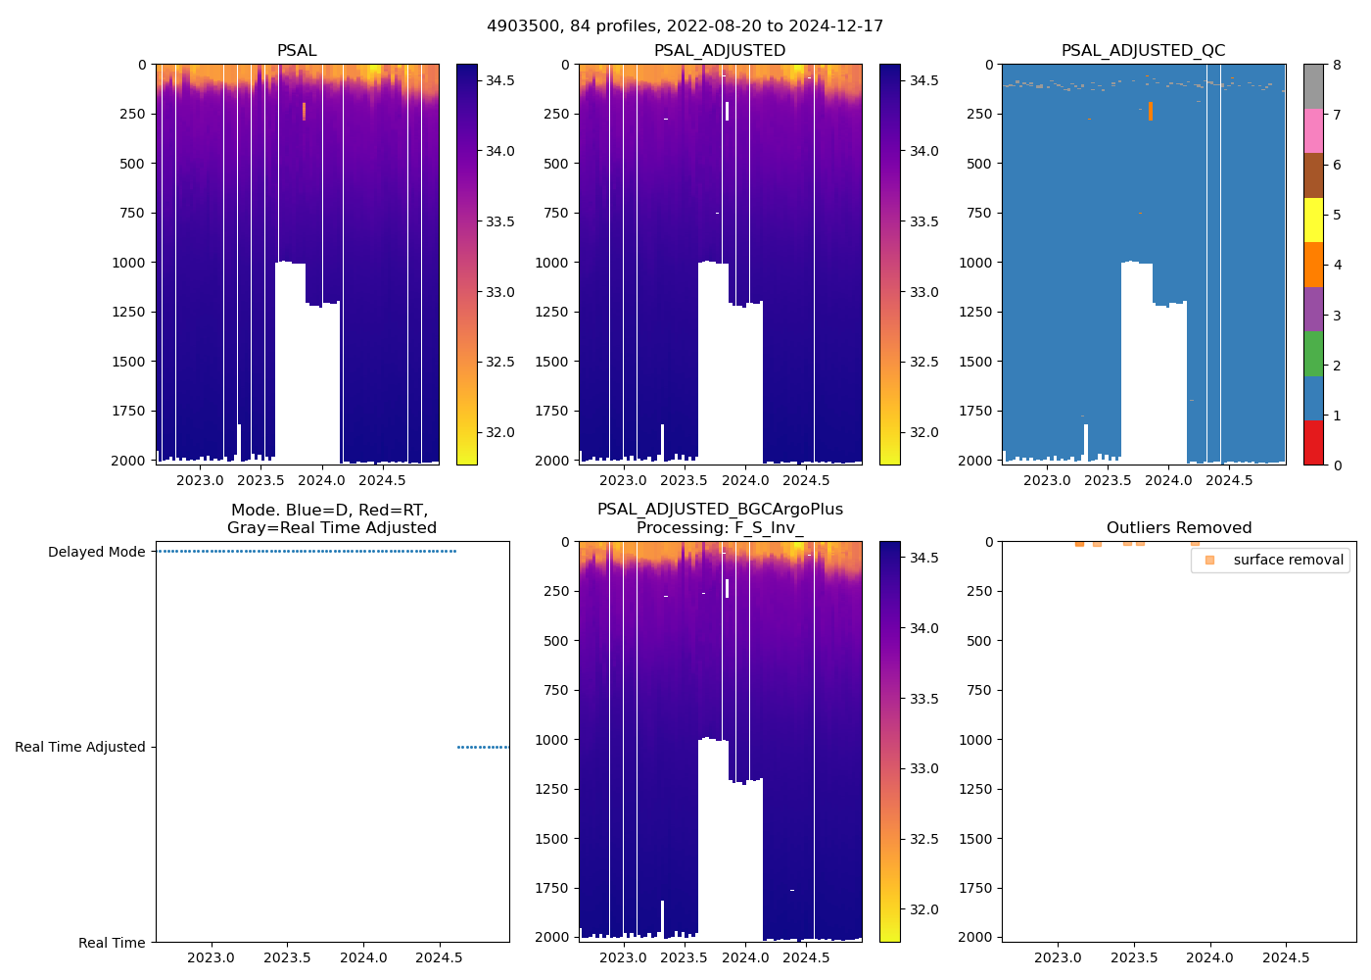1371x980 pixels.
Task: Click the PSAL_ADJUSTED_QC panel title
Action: [x=1143, y=51]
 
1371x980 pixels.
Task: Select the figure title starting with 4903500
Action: [x=685, y=26]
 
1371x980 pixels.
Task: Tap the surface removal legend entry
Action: [x=1288, y=560]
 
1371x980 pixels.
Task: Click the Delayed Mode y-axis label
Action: [x=96, y=552]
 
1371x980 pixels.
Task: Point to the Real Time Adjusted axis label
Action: [x=79, y=747]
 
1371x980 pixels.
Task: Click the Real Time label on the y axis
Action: [x=112, y=943]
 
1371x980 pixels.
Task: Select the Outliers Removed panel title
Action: [x=1178, y=528]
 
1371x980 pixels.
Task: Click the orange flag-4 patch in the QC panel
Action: [x=1151, y=111]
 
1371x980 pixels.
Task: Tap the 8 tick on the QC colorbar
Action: [x=1337, y=65]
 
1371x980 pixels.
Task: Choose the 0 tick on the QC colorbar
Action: [x=1337, y=465]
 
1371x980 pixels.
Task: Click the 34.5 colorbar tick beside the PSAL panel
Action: [x=500, y=80]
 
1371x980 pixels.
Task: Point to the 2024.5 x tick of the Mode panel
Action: [x=440, y=957]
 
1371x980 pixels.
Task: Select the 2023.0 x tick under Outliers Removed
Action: [x=1058, y=957]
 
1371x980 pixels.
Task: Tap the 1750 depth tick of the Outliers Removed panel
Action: [x=975, y=888]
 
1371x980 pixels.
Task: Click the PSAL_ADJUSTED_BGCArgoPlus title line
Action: [x=720, y=510]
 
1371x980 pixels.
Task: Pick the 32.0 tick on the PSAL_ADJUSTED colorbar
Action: [x=923, y=432]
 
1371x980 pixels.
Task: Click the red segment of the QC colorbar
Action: [x=1313, y=443]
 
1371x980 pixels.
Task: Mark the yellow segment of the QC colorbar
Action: [x=1313, y=220]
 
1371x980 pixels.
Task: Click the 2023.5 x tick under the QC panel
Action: [x=1108, y=480]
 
